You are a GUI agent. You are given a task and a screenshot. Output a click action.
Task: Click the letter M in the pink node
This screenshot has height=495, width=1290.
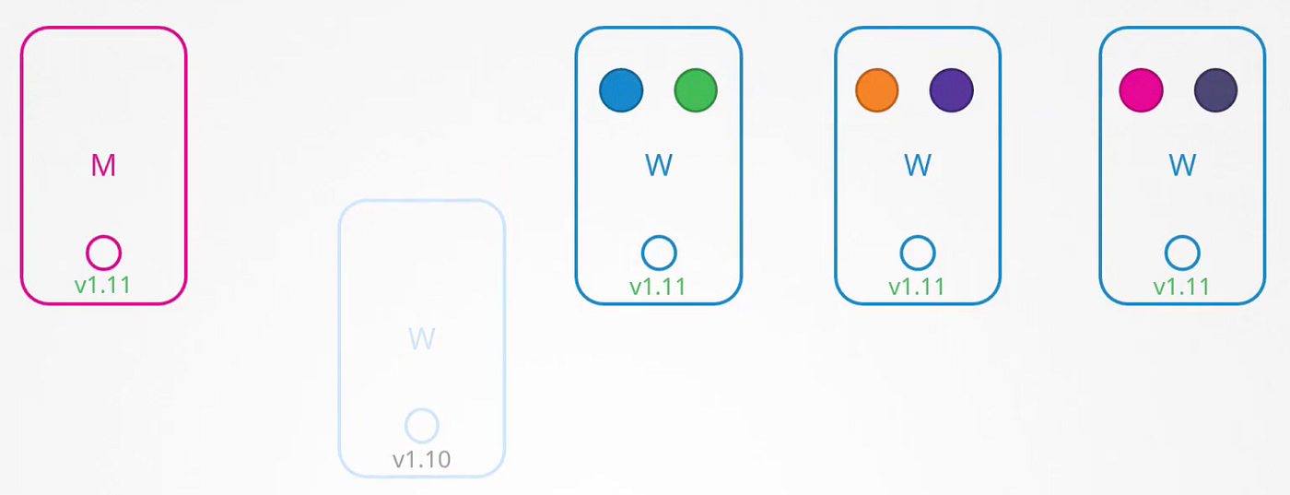point(103,165)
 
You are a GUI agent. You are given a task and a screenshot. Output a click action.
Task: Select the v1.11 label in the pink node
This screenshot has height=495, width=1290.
point(103,285)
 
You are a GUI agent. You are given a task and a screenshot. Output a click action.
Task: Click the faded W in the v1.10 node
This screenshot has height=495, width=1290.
point(422,339)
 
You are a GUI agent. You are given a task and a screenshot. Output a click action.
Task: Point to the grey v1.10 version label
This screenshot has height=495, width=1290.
point(422,459)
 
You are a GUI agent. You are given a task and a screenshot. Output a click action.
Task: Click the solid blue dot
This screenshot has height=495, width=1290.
point(621,90)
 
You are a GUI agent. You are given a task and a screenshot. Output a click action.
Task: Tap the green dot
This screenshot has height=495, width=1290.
point(696,90)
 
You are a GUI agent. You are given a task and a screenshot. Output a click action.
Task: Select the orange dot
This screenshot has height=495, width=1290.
point(876,90)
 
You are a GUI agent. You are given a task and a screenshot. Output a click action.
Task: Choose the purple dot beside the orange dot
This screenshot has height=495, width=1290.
point(951,90)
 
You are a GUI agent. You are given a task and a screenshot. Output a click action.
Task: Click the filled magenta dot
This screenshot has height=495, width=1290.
point(1141,90)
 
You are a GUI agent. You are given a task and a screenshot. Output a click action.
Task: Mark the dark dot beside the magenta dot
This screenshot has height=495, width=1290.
point(1215,90)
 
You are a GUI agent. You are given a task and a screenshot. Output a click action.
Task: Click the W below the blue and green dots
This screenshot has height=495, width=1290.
point(659,165)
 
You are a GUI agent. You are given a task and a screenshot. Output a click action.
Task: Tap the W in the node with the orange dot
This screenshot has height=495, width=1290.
point(918,165)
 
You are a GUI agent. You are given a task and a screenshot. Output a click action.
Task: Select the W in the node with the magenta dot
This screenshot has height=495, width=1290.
point(1181,165)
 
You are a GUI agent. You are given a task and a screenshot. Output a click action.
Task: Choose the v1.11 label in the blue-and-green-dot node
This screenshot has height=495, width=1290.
point(658,287)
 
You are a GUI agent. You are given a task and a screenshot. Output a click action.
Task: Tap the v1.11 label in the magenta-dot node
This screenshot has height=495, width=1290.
point(1181,287)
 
